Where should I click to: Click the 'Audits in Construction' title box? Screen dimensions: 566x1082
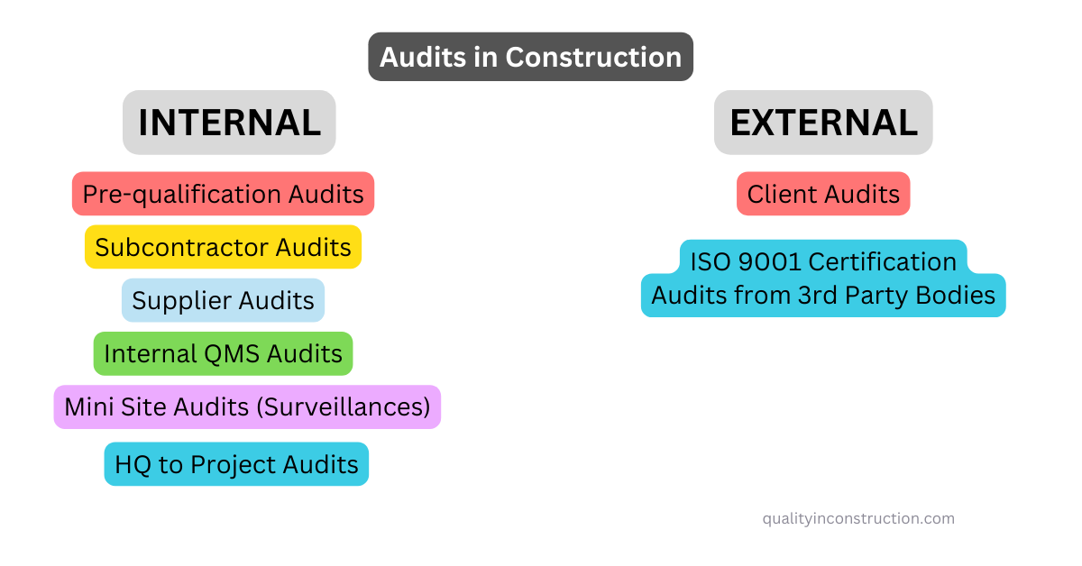click(530, 57)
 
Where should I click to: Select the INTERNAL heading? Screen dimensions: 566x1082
click(229, 123)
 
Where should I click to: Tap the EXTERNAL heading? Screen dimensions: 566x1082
click(823, 123)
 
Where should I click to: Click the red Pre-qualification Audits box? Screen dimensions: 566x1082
click(223, 194)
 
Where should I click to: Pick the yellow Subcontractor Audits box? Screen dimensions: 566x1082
click(223, 247)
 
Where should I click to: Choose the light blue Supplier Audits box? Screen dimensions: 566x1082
click(223, 300)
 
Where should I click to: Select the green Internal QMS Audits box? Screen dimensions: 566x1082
click(223, 353)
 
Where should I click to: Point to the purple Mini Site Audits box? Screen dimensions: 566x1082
click(247, 406)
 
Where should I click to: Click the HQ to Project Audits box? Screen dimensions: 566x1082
click(236, 464)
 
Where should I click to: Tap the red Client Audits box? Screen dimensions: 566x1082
click(823, 194)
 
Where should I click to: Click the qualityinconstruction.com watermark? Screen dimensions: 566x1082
click(858, 518)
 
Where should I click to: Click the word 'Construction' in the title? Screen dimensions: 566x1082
click(593, 57)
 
